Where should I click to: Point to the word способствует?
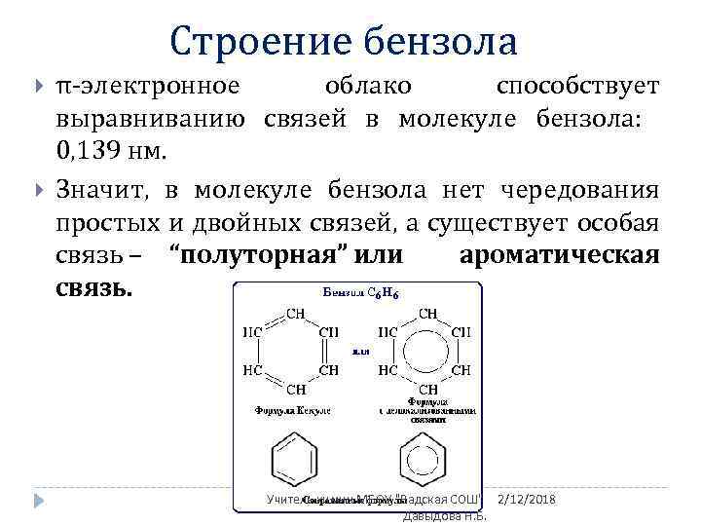(x=577, y=86)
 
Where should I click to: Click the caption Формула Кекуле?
(x=293, y=410)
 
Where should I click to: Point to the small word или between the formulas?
(x=359, y=352)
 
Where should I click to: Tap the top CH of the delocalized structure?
(x=427, y=314)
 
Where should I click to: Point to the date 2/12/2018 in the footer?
(x=526, y=499)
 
